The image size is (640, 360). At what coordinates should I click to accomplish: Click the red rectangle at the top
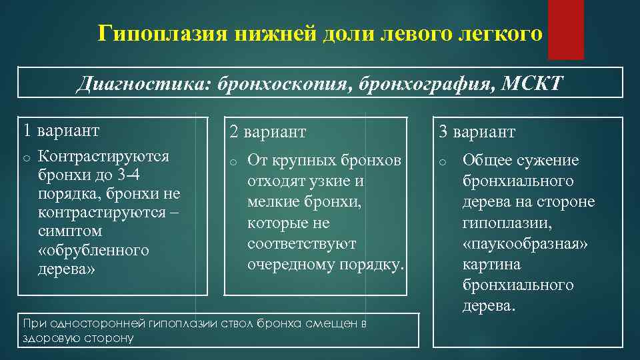click(x=565, y=29)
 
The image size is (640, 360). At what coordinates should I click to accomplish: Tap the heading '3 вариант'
click(x=477, y=131)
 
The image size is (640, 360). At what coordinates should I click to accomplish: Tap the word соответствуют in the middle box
click(x=301, y=243)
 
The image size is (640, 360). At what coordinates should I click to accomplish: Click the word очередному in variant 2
click(x=291, y=265)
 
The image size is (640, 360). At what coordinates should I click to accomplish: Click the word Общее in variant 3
click(x=487, y=160)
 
